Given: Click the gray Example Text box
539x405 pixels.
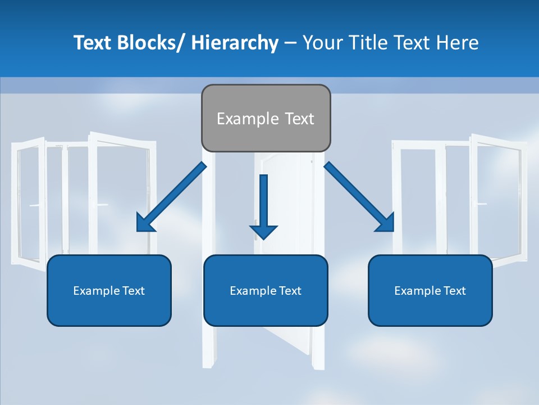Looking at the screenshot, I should (x=266, y=118).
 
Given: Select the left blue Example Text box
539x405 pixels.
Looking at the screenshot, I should (x=109, y=290).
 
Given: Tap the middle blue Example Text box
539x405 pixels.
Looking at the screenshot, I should (x=266, y=290).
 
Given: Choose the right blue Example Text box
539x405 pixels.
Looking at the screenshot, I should (x=430, y=290).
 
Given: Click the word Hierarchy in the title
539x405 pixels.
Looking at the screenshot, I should (x=235, y=43).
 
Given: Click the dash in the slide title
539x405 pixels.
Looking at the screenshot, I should (x=290, y=43).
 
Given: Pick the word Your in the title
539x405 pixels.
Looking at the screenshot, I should (x=322, y=43).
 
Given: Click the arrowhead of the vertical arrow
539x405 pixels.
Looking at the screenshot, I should (x=263, y=231).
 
